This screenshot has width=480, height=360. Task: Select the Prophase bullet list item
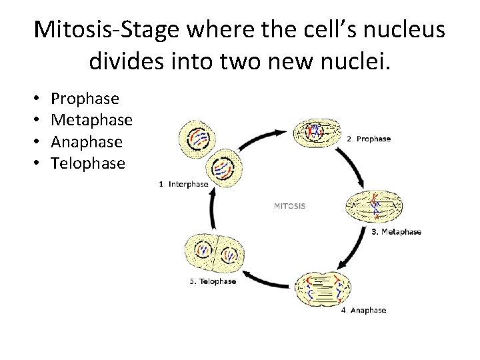tap(85, 99)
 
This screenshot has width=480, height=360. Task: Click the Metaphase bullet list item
tap(91, 120)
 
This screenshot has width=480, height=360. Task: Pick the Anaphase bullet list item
tap(86, 141)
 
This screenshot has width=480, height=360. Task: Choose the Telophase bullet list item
tap(87, 163)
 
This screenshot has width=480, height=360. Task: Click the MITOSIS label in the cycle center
tap(289, 206)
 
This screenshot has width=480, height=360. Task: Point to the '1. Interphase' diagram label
tap(184, 184)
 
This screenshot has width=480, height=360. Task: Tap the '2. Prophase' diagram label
tap(368, 139)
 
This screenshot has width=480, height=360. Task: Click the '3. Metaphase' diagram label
tap(396, 232)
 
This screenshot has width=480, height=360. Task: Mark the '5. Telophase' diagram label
tap(213, 281)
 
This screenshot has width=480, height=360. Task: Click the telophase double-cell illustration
tap(213, 253)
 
